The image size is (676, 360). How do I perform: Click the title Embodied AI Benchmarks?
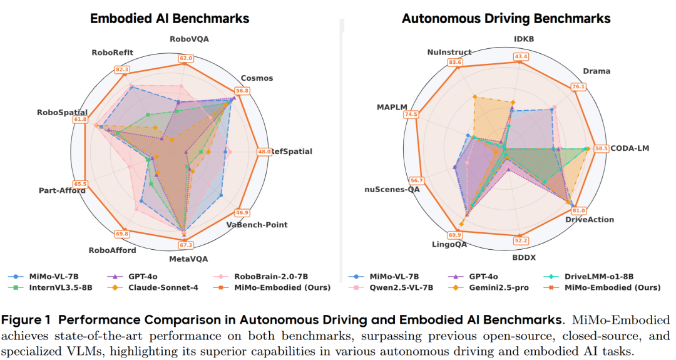(x=170, y=18)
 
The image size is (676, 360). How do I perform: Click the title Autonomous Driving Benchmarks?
(x=506, y=19)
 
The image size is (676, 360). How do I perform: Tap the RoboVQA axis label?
(x=189, y=39)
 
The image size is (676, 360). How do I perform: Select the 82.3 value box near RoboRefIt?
(x=122, y=69)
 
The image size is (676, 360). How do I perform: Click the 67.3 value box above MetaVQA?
(x=186, y=245)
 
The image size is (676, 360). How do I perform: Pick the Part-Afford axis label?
(x=61, y=191)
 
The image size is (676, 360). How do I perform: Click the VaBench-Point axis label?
(x=257, y=224)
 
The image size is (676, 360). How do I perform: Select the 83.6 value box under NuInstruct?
(x=455, y=62)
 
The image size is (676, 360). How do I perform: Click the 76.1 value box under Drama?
(x=578, y=86)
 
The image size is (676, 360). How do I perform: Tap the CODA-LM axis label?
(x=630, y=148)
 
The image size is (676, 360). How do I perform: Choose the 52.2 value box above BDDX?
(x=521, y=240)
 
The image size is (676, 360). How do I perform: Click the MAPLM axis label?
(x=392, y=106)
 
